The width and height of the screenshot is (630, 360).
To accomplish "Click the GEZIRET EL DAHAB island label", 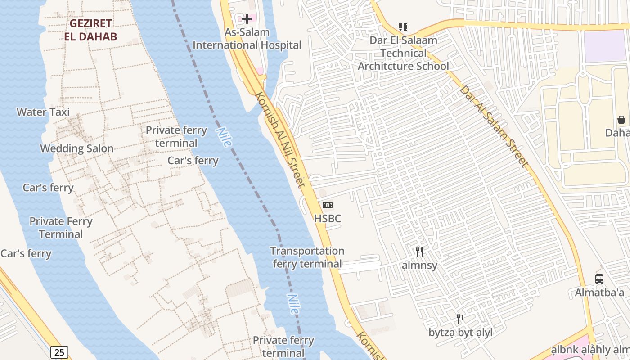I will (x=90, y=30).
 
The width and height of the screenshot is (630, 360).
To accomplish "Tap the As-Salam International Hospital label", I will (x=247, y=39).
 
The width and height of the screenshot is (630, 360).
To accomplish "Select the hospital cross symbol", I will (x=247, y=19).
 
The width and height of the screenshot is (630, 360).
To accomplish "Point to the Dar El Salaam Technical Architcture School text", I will (x=403, y=53).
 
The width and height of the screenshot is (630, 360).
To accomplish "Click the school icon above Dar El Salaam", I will (x=403, y=27).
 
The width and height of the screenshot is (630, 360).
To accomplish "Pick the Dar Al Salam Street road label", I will (x=493, y=126).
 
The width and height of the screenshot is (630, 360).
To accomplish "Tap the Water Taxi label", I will (x=43, y=112).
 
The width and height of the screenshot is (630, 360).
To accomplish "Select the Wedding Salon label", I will (x=77, y=148).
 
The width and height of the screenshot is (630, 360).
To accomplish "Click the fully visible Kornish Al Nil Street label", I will (x=280, y=139).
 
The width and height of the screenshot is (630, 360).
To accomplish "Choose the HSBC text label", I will (x=328, y=219).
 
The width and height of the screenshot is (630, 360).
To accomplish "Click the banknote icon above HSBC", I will (x=328, y=205).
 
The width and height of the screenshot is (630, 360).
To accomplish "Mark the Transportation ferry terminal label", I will (x=307, y=257).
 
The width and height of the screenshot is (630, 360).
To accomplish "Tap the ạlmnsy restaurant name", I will (x=419, y=265).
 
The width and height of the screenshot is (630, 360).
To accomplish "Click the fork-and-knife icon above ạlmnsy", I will (x=419, y=252).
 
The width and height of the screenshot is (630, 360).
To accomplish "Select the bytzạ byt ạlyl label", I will (x=460, y=333).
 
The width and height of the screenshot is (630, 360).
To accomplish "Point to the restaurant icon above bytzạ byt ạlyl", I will (x=460, y=319).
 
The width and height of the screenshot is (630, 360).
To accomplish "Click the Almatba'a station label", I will (x=599, y=292).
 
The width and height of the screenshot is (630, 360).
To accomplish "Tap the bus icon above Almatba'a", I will (x=599, y=279).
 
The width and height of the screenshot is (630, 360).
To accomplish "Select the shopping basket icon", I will (x=621, y=120).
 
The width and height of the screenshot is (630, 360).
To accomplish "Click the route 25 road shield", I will (x=59, y=352).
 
